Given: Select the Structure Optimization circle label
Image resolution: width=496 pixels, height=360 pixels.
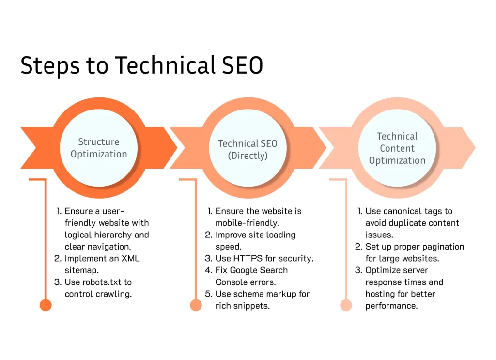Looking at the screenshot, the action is point(99,148).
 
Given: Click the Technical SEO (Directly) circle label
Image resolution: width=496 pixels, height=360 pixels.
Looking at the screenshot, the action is point(248,149).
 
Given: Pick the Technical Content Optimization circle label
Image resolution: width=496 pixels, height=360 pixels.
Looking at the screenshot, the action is point(397,148).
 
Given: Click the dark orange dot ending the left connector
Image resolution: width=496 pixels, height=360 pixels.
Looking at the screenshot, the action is point(46,305).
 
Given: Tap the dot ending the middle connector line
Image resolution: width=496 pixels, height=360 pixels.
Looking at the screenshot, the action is point(196,305).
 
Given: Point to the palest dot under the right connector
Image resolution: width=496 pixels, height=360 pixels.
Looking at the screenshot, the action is point(346,305).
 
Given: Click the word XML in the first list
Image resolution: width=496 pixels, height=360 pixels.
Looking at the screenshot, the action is point(131,258).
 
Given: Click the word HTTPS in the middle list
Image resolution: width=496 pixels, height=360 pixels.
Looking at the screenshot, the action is point(248,258).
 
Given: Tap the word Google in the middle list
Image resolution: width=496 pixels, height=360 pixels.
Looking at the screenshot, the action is point(244,270).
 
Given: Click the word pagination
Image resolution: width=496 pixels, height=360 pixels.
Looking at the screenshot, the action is point(443,247).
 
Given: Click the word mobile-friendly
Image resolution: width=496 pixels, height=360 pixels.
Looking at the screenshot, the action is point(248,223).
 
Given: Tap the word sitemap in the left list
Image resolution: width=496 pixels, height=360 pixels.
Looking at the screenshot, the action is point(81,270).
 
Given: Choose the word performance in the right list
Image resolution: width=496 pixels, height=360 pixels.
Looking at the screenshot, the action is point(391,306).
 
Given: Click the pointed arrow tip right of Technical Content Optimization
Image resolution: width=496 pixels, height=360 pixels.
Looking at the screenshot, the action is point(475,148).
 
